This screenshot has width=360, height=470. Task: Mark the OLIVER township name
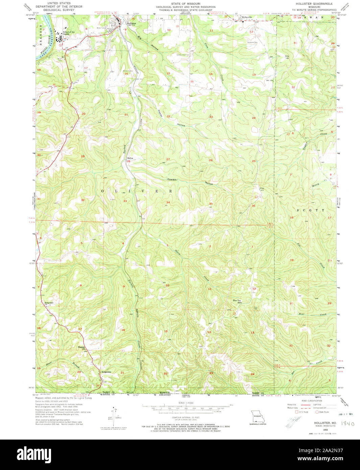point(137,191)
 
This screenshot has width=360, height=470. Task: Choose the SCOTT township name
point(310,210)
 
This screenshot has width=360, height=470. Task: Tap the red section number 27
point(168,159)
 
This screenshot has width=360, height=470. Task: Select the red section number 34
point(168,203)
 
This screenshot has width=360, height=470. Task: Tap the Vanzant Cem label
point(251,42)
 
